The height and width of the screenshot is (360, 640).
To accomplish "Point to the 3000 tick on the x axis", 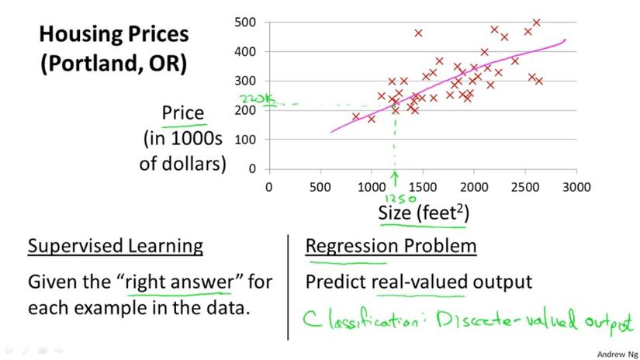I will click(x=576, y=186).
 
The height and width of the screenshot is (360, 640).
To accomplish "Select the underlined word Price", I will click(x=182, y=113).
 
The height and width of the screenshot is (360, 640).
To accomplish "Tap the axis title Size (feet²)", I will click(x=423, y=212).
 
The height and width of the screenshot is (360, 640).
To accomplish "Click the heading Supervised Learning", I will click(x=116, y=247).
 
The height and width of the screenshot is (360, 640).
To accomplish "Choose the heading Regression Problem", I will click(x=391, y=247).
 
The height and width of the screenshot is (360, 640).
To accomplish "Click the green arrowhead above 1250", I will click(x=394, y=175).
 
